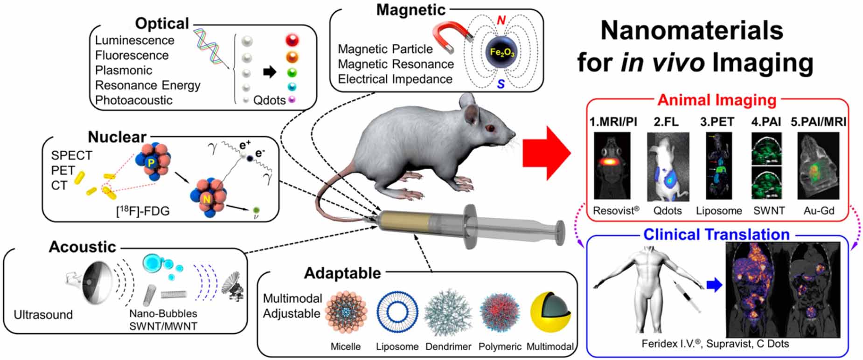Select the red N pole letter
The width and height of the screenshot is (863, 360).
tap(501, 20)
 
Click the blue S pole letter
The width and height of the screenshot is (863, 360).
tap(501, 84)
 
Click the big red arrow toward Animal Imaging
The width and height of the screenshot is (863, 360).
tap(546, 153)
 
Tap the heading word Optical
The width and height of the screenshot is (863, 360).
tap(161, 23)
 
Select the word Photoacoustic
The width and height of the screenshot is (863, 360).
tap(133, 100)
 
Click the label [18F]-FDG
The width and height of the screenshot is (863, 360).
tap(143, 211)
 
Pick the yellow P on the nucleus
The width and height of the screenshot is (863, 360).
tap(150, 162)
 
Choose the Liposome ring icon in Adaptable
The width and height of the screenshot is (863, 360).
tap(397, 313)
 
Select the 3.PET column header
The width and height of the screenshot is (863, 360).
tap(717, 122)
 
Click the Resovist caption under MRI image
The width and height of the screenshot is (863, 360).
tap(616, 211)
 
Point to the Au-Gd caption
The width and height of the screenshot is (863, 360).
tap(819, 211)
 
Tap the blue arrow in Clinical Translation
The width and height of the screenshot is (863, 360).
tap(714, 284)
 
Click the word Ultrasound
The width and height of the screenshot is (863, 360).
tap(43, 315)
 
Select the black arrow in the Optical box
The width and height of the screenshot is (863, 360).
tap(270, 72)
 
